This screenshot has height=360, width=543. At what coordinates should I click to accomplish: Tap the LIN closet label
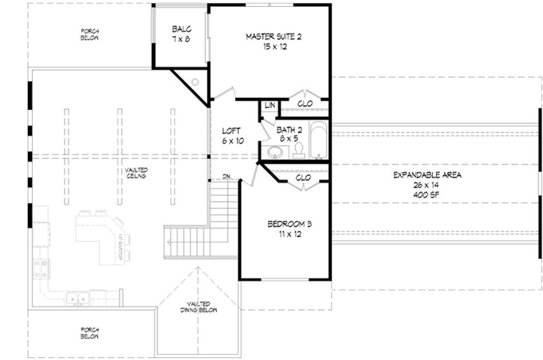[268, 105]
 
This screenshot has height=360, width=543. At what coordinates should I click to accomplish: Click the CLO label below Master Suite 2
[305, 104]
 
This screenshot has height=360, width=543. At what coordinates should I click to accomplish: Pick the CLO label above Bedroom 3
[303, 178]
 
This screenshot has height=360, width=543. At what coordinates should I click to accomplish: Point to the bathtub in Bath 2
[318, 141]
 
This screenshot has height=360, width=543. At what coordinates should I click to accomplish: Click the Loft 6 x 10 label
[233, 135]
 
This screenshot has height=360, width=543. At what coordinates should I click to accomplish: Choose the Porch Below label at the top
[90, 34]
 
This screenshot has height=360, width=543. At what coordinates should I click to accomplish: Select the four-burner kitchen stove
[39, 268]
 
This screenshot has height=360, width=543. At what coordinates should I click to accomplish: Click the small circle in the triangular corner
[194, 82]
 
